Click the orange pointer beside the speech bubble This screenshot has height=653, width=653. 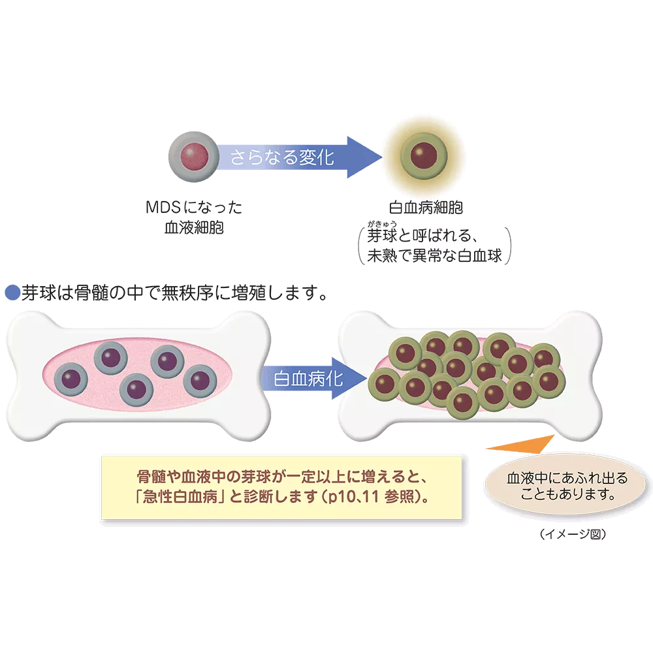click(522, 444)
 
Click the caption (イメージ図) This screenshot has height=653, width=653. click(573, 535)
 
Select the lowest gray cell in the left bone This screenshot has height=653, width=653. click(136, 389)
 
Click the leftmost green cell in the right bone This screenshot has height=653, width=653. click(381, 383)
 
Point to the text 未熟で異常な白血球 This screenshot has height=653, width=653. click(434, 256)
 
